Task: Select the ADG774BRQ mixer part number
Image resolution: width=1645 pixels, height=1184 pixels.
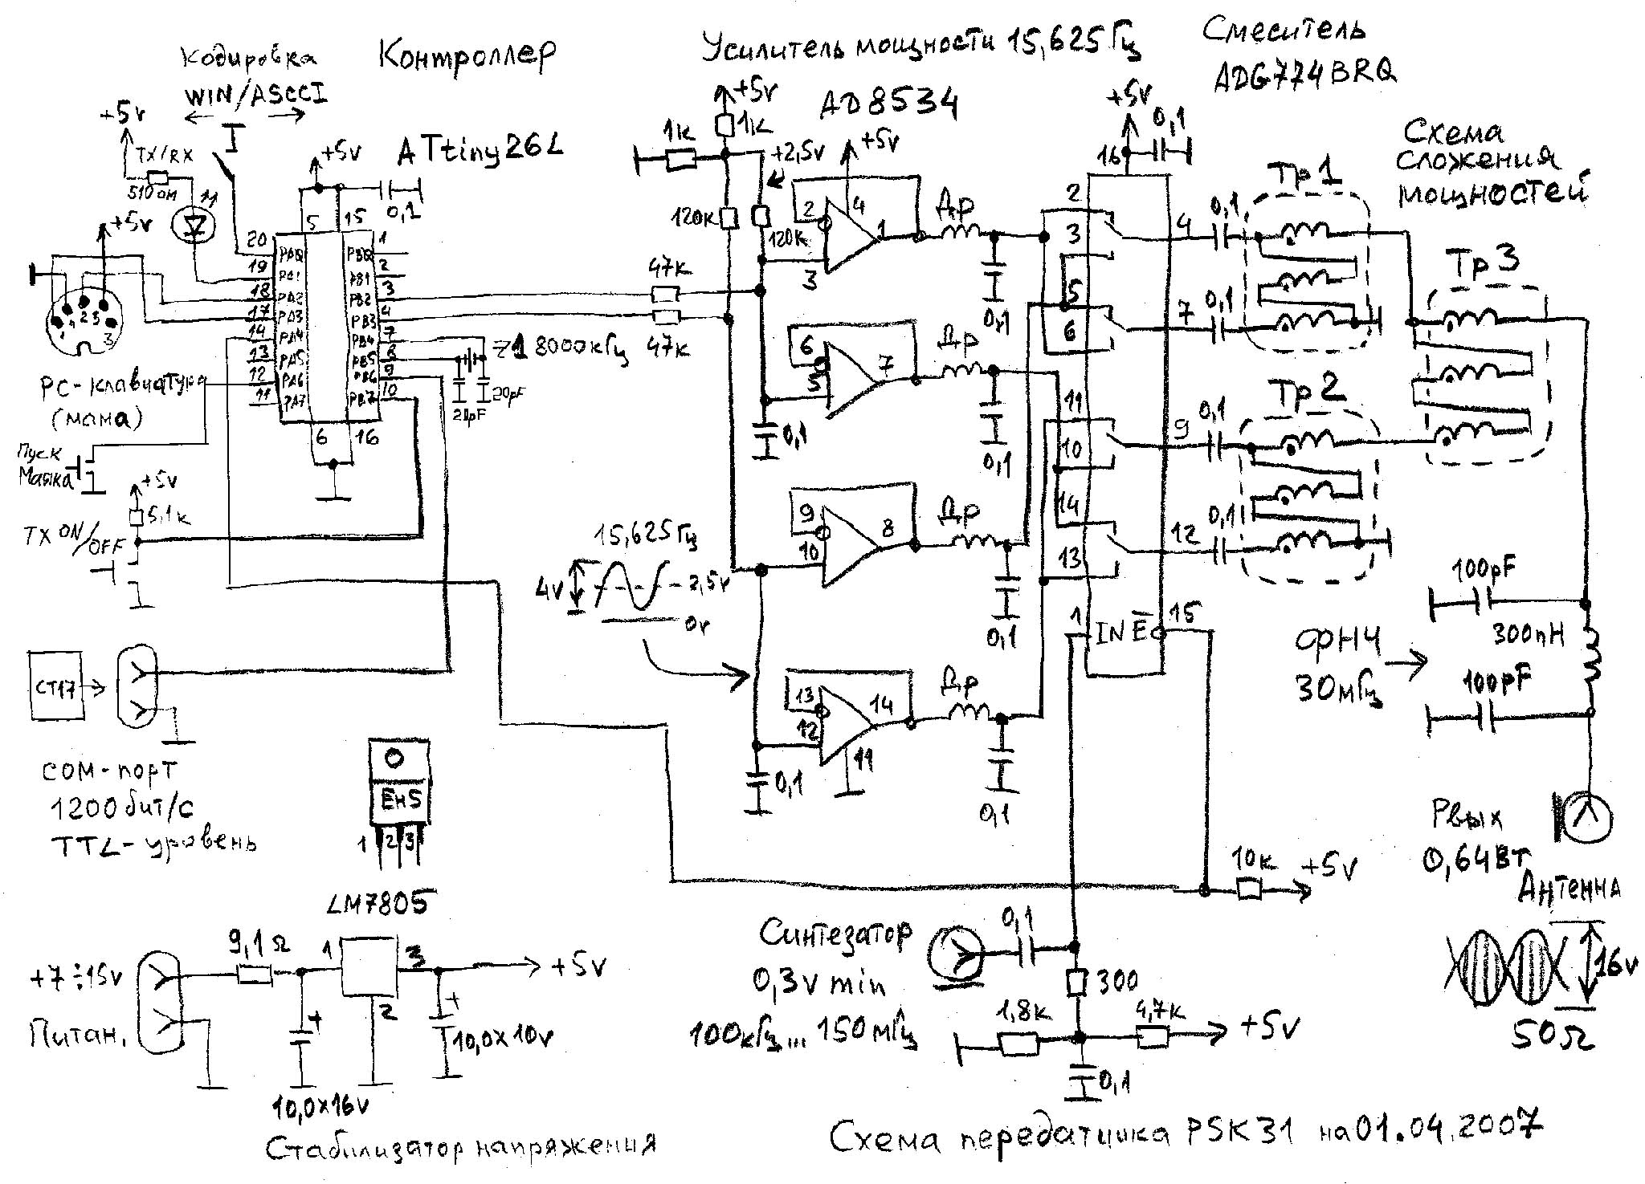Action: click(x=1304, y=73)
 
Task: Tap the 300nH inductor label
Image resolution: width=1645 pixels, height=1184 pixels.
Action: click(x=1529, y=636)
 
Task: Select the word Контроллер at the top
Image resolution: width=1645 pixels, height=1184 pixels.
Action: click(x=466, y=56)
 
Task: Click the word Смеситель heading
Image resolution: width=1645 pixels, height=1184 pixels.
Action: click(x=1284, y=31)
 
